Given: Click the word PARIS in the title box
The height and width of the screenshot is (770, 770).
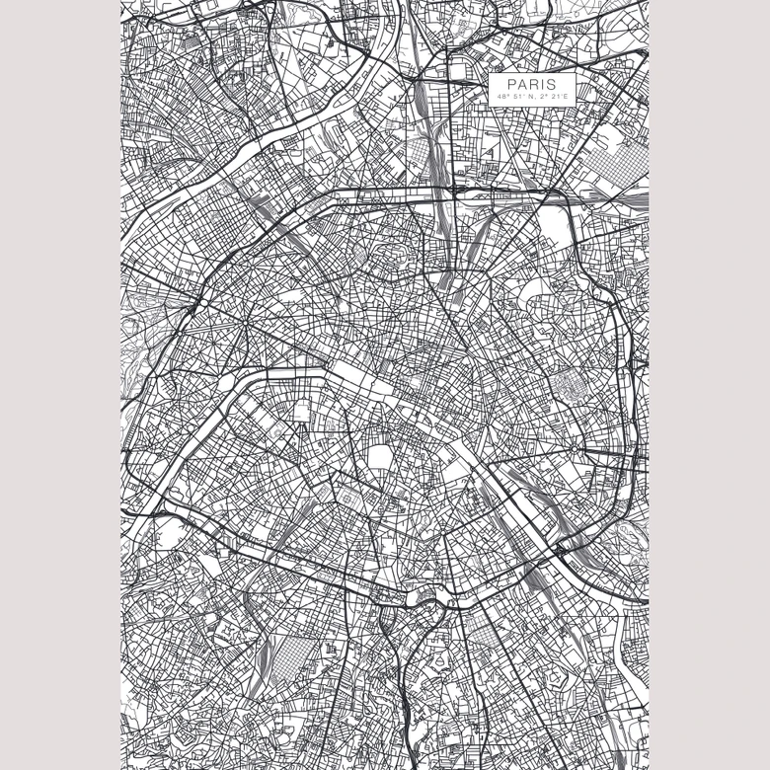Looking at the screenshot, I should tap(531, 84).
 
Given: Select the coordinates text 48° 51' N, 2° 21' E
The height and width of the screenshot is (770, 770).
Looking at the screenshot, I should tap(531, 97).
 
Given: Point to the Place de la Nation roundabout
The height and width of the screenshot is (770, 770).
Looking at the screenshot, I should tap(574, 450).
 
